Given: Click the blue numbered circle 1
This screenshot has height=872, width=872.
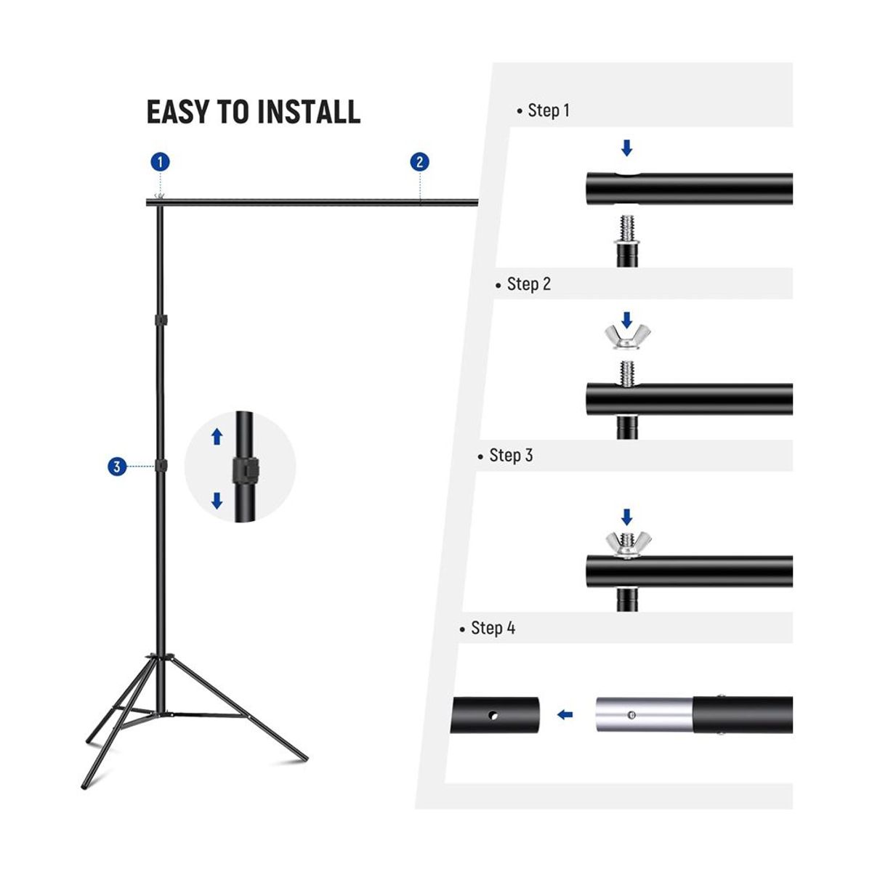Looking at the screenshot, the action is coord(160,162).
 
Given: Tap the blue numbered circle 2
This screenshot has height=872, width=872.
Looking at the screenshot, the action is coord(419,162).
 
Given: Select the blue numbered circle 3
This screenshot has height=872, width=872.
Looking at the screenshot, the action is coord(117,466).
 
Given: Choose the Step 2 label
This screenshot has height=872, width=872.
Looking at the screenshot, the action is coord(523,284).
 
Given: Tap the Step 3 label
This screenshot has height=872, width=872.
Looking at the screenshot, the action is coord(506,455).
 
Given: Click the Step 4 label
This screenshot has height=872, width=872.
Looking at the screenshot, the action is coord(488,628).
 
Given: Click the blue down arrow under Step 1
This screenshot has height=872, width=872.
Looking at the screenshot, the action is coord(626,148).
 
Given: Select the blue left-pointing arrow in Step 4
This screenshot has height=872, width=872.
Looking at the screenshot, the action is coord(565,715).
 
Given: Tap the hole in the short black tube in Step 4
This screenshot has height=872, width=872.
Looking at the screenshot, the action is coord(493,716).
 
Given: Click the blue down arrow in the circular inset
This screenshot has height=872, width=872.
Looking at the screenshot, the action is coord(217,501).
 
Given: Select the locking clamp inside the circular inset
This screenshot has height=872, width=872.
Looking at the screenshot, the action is coord(246,467).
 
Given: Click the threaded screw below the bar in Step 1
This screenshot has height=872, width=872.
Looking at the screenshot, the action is coord(626,230).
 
